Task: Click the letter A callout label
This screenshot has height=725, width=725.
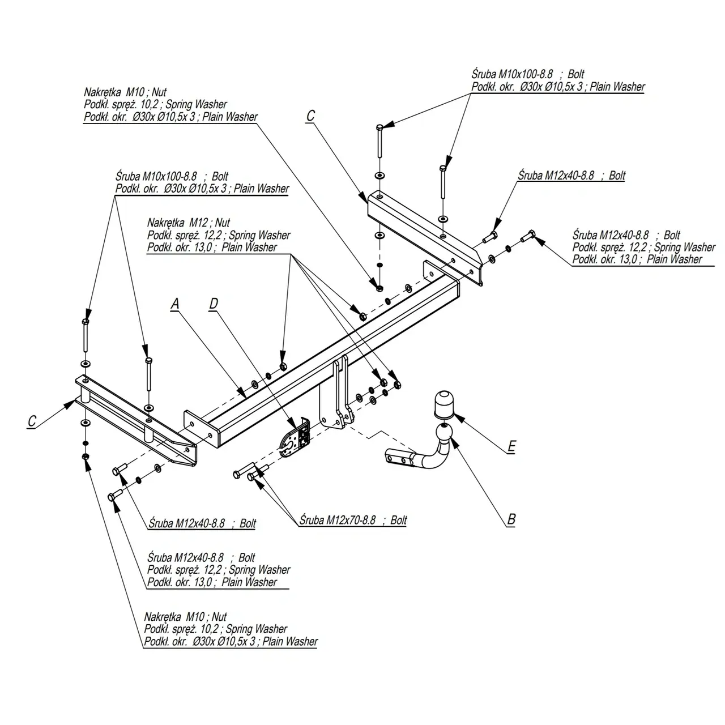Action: coord(175,304)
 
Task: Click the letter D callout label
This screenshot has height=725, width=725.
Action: coord(214,303)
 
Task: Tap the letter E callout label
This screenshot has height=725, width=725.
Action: coord(511,446)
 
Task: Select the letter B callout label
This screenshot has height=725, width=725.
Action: coord(511,519)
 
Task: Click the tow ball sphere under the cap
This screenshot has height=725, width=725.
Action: coord(445,432)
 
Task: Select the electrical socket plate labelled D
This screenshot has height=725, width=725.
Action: coord(295,437)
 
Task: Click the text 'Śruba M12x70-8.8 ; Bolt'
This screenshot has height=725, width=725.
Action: coord(353,520)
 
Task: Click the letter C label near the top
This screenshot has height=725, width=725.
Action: coord(310,116)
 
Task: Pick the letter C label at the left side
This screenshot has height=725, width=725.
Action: coord(32,421)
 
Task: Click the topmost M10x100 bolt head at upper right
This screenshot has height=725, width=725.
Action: coord(379,127)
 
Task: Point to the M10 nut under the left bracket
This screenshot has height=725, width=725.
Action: coord(86,457)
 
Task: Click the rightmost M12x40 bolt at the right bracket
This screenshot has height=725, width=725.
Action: coord(528,236)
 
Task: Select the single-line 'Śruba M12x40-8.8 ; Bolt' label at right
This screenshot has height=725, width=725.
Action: coord(572,176)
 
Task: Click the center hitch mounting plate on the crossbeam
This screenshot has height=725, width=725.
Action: coord(336,393)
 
